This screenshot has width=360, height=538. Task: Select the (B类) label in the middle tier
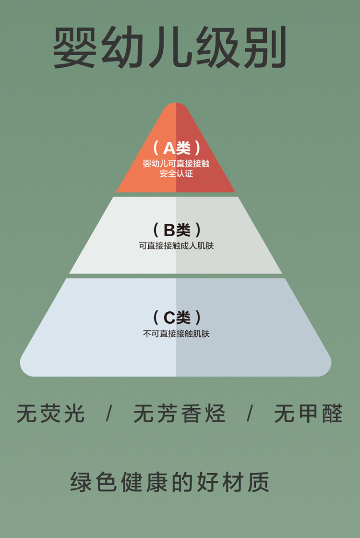176,230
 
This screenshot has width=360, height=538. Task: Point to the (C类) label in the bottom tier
176,317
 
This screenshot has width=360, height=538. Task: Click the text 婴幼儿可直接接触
176,163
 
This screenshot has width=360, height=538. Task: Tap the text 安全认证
176,173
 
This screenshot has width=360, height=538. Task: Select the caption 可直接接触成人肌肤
176,246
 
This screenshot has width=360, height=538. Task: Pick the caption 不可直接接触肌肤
176,333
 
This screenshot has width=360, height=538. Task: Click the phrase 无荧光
50,414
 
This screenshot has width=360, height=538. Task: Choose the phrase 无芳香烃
179,414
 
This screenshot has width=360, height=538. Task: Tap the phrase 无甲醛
308,414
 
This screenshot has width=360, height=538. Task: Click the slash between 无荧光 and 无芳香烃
109,414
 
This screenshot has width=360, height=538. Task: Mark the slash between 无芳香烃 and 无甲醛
250,414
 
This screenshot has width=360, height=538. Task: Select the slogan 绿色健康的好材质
170,482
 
